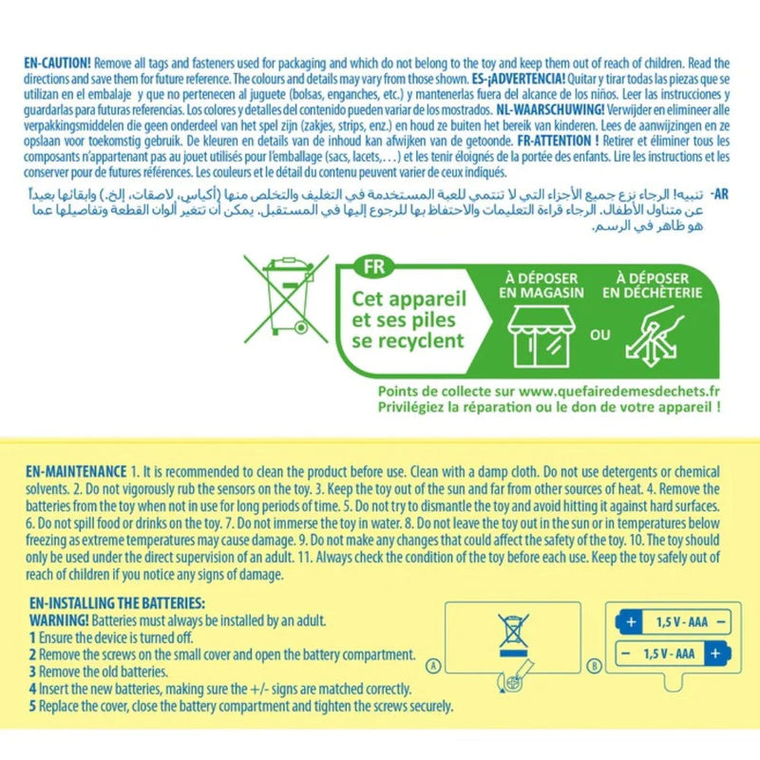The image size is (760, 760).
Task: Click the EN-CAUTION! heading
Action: [57, 63]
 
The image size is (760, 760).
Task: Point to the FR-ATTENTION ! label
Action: [558, 141]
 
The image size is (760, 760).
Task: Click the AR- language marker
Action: [720, 195]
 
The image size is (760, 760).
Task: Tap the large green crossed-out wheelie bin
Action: [287, 298]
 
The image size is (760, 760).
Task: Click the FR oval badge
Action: [373, 267]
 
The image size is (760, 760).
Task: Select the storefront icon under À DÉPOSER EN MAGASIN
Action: [541, 336]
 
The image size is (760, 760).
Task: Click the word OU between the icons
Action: [600, 335]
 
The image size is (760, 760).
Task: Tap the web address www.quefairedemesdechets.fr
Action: [619, 391]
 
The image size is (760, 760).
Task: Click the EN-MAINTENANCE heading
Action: [76, 471]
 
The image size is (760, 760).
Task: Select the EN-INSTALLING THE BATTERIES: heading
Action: [117, 603]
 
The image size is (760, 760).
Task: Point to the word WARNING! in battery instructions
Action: [59, 620]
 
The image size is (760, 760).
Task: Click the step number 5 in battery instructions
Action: [32, 706]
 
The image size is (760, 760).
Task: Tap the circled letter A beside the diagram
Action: [434, 666]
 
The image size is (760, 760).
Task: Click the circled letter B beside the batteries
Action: [595, 666]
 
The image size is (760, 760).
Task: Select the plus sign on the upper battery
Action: [631, 622]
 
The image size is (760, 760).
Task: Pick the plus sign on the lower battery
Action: [715, 654]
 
